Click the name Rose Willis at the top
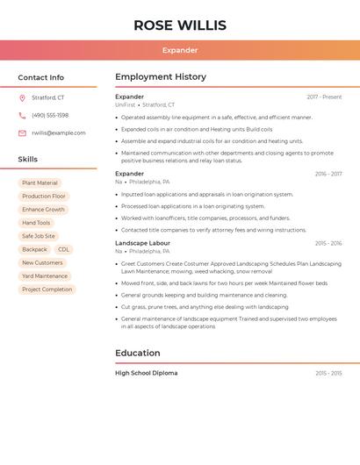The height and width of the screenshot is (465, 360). tap(180, 25)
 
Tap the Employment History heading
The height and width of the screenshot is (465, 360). tap(161, 76)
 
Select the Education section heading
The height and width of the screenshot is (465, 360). tap(138, 353)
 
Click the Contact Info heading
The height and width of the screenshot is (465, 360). tap(41, 77)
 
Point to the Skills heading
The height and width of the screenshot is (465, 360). tap(28, 159)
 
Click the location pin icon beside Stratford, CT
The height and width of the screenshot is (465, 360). tap(22, 97)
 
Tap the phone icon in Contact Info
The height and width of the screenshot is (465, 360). tap(22, 115)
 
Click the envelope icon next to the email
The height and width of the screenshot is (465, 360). tap(22, 133)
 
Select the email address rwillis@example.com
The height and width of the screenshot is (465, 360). tap(59, 133)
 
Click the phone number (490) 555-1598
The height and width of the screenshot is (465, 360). tap(50, 115)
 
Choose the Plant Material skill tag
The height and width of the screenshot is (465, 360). tap(40, 183)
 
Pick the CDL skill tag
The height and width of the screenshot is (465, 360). tap(64, 249)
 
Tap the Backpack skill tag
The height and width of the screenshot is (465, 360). tap(35, 249)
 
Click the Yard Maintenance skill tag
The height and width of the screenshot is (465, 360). tap(45, 275)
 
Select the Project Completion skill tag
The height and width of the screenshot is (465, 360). tap(47, 289)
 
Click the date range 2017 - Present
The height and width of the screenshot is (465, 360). tap(324, 97)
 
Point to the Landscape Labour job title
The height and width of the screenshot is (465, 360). tap(142, 243)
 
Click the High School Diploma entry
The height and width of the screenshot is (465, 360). tap(146, 373)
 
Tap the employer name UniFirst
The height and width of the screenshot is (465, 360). tap(126, 105)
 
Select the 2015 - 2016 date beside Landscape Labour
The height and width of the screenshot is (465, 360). tap(328, 243)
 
